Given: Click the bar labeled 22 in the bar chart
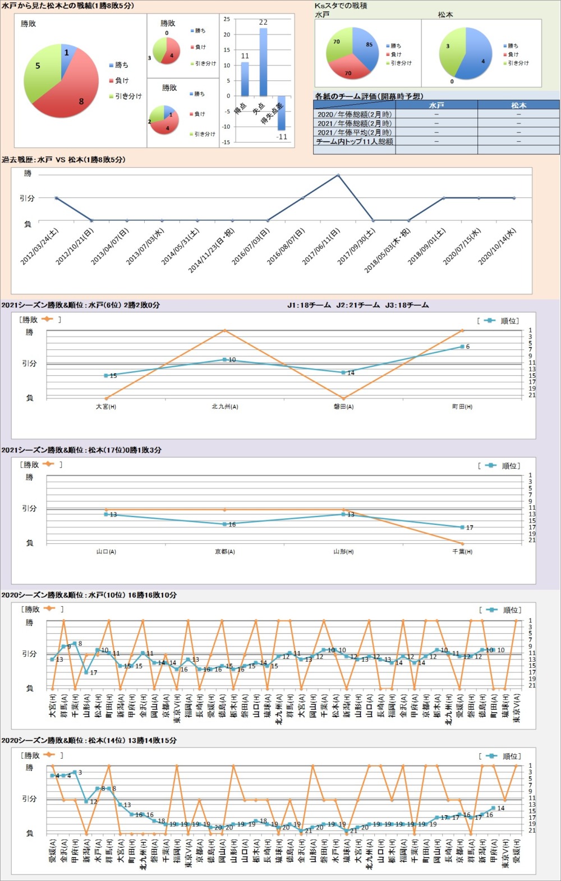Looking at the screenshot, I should (263, 62).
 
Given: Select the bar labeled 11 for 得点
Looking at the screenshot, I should (245, 79).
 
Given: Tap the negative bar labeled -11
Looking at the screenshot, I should (282, 113).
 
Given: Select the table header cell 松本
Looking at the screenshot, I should (518, 105).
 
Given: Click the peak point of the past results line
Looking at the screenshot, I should (338, 175).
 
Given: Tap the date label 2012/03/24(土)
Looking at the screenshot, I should (40, 246).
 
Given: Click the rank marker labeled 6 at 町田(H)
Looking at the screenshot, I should (462, 347).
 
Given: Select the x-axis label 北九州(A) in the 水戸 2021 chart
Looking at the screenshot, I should (225, 407).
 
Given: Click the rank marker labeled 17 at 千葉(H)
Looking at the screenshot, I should (462, 527).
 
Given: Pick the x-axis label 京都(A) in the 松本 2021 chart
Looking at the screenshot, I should (225, 552).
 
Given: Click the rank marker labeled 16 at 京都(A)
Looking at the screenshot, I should (225, 524).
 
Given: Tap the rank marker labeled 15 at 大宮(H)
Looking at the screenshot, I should (106, 376).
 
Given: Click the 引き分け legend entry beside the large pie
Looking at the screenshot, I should (128, 96).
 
